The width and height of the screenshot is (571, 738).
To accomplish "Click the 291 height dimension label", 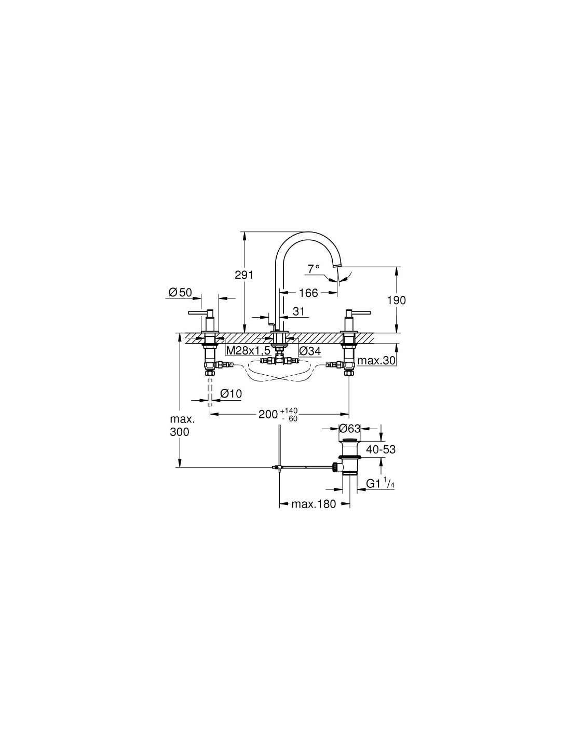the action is coord(244,275).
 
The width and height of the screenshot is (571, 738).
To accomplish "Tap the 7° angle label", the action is coord(314,268).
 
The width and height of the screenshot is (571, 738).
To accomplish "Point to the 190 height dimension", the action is coord(397,300).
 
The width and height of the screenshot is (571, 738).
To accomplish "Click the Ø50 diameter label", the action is coord(180,292).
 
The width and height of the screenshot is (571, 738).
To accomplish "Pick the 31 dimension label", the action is coord(298,311).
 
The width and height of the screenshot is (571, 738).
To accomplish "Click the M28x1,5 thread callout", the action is coord(248,351).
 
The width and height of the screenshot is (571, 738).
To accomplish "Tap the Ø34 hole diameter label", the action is coord(310,351).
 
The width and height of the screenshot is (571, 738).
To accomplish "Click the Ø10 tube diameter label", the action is coord(231,393).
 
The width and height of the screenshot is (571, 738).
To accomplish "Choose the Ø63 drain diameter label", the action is coord(349,429).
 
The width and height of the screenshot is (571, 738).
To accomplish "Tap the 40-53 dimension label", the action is coord(381,449).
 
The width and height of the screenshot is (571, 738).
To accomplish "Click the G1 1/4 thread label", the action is coord(380,483).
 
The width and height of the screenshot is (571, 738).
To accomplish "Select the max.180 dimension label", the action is coord(314,504).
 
